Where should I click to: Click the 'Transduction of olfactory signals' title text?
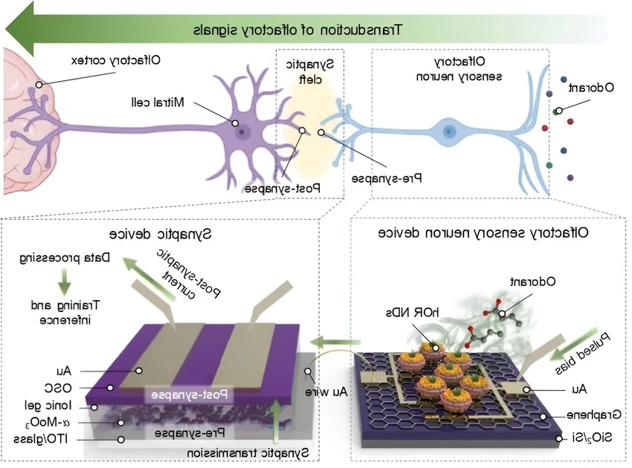point(297,30)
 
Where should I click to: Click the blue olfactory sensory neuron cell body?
point(449,131)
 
